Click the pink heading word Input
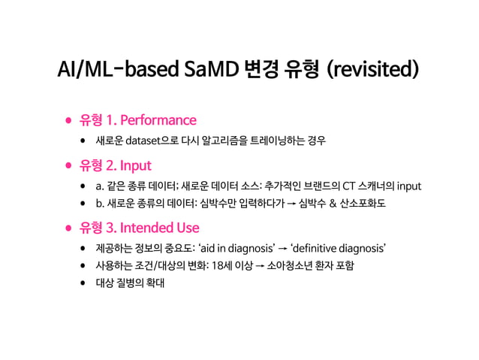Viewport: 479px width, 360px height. coord(136,164)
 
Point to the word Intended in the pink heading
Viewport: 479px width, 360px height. coord(147,227)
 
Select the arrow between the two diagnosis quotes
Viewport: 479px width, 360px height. coord(281,248)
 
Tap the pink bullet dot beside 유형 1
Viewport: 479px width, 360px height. coord(68,120)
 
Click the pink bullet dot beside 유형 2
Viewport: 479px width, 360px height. coord(68,164)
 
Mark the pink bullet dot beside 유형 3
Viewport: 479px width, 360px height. coord(68,227)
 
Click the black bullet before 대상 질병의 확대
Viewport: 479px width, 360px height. coord(83,286)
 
